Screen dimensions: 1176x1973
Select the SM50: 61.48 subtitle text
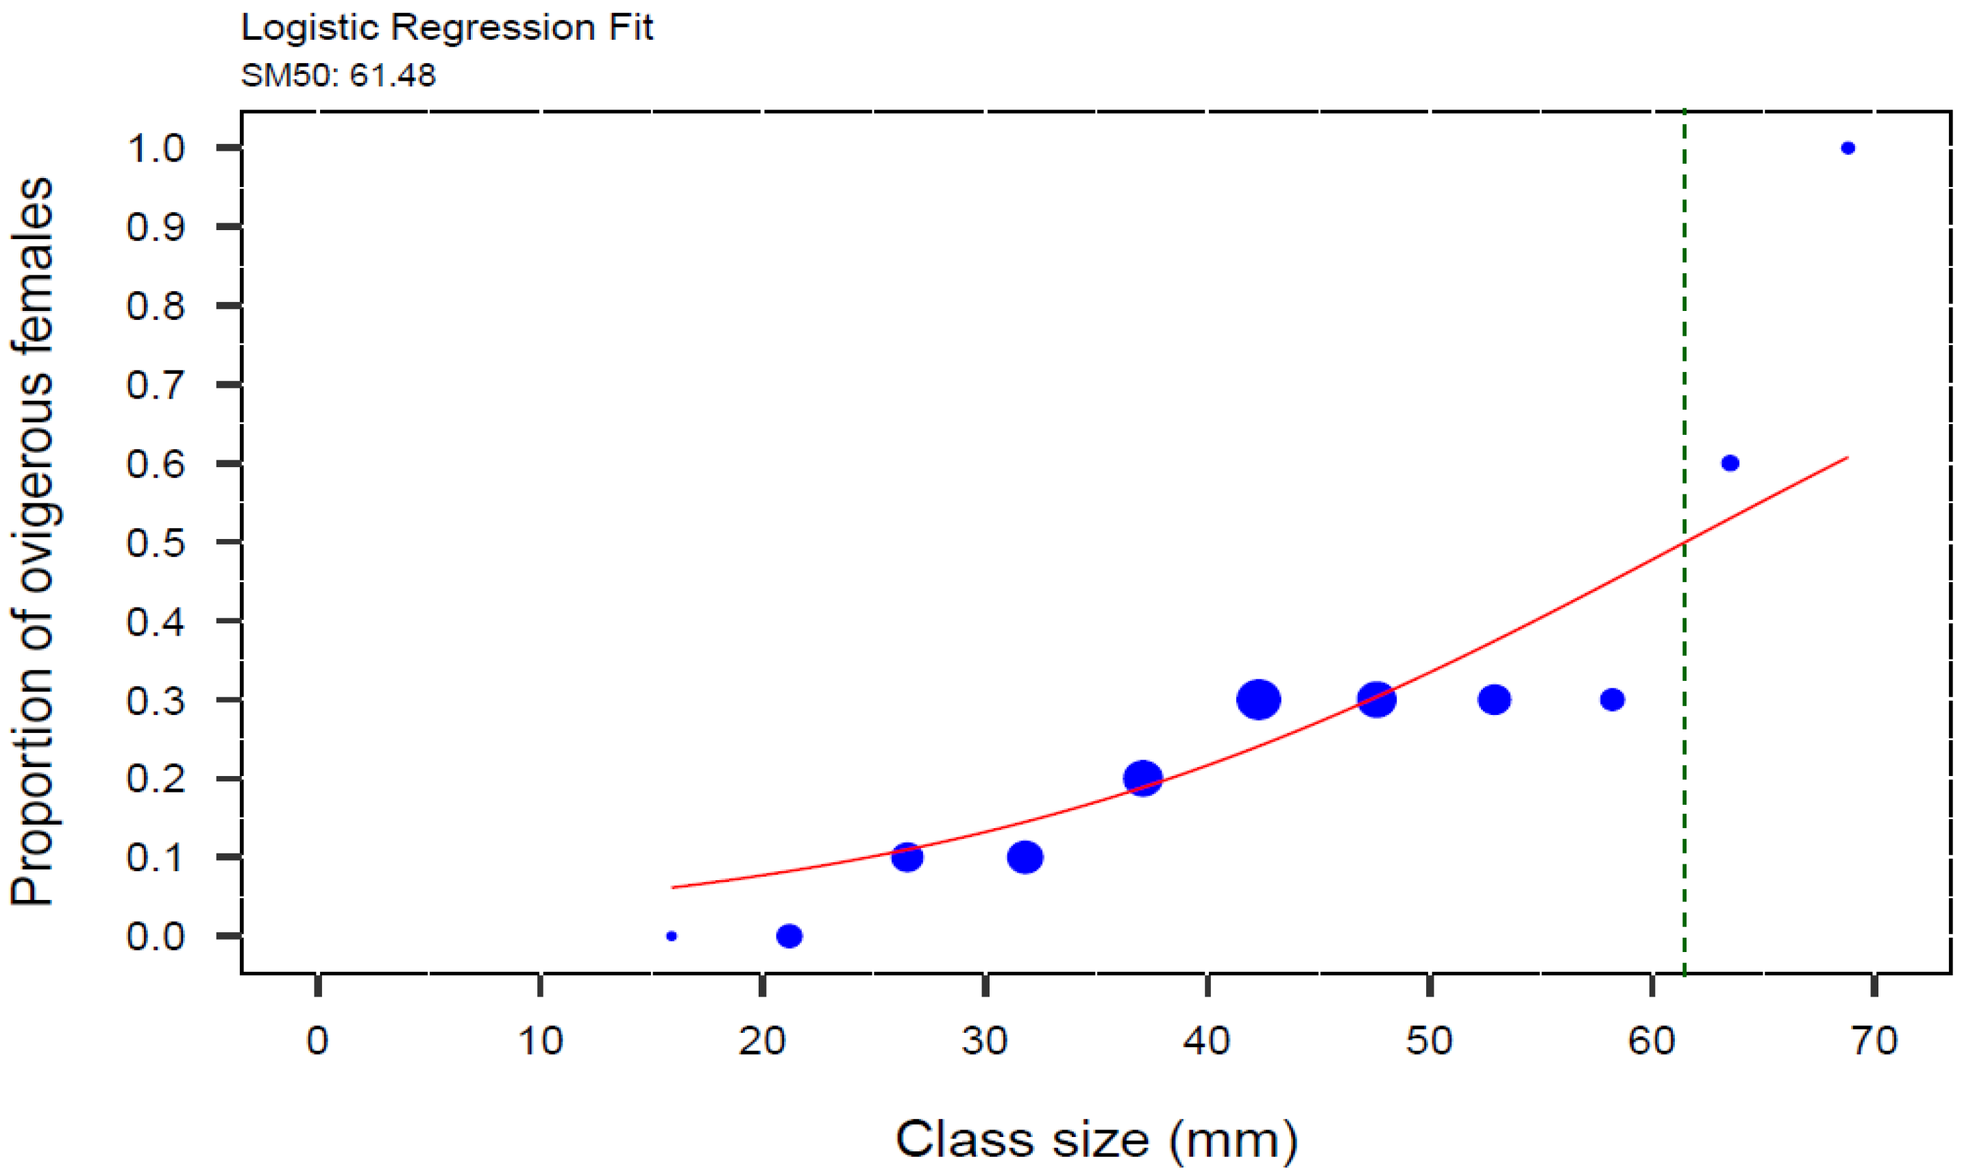pos(338,76)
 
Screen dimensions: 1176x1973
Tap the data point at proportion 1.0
pos(1848,148)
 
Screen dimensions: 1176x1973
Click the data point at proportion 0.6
pos(1730,464)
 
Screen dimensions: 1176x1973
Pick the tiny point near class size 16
pos(672,936)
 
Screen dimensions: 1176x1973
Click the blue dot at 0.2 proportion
pos(1142,778)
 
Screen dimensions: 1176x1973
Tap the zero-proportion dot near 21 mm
pos(789,936)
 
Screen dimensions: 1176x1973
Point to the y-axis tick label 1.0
pos(156,148)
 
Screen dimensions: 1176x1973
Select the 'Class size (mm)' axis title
pos(1096,1140)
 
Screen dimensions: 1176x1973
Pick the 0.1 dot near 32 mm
pos(1025,858)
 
